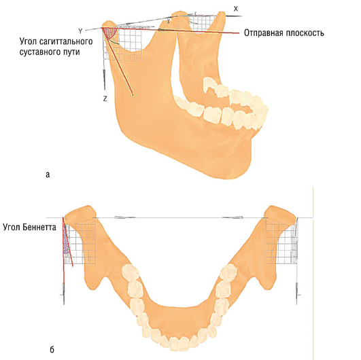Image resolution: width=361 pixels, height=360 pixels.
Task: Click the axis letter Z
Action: point(105,98)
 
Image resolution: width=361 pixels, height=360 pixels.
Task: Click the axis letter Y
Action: point(80,31)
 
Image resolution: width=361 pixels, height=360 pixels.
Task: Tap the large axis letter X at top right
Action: point(235,9)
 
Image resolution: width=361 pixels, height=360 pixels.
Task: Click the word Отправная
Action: point(264,33)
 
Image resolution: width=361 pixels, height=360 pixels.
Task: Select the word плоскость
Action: point(305,33)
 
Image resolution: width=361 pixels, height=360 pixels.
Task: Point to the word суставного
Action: point(39,52)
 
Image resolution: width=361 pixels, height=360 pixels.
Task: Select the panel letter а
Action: point(48,175)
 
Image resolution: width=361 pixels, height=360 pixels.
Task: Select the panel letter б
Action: point(52,350)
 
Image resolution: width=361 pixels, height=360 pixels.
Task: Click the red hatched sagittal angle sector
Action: point(109,32)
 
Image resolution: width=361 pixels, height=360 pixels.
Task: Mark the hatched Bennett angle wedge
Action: point(66,242)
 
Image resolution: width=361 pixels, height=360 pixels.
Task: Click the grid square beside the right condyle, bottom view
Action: point(281,241)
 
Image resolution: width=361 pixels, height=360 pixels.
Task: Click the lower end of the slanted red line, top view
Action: point(133,95)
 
